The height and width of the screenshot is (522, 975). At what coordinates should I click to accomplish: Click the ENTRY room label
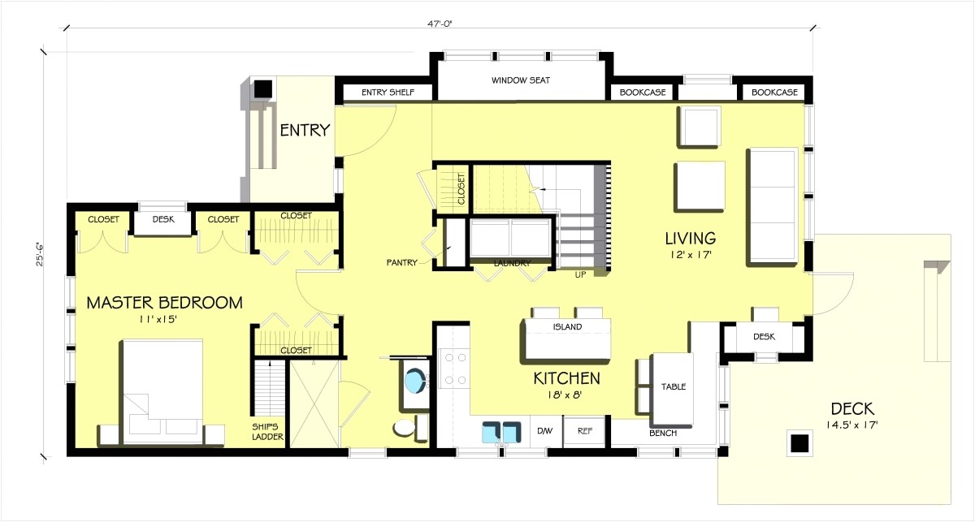pos(305,130)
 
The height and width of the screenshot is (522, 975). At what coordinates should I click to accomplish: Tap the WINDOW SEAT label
pos(521,81)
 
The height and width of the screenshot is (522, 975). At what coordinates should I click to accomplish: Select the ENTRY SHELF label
pos(388,93)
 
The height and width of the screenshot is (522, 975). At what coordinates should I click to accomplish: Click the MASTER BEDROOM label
pos(164,303)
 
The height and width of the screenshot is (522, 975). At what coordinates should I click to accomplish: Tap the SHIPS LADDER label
pos(267,429)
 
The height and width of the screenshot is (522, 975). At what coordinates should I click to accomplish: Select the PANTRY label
pos(401,262)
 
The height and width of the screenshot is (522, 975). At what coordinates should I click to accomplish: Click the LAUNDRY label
pos(512,263)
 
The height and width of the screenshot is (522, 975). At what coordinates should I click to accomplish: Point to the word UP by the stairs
pos(581,275)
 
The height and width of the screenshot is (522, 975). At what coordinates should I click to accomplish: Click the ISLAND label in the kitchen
pos(568,327)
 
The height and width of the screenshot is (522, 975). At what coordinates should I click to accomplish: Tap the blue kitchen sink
pos(502,432)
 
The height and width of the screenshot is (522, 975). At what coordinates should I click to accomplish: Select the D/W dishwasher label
pos(544,432)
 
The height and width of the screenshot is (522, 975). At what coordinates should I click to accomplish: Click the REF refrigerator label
pos(584,432)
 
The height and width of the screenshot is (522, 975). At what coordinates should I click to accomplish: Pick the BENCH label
pos(663,433)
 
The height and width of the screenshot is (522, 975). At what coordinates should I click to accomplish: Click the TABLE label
pos(674,386)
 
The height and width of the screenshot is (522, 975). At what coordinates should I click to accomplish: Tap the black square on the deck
pos(799,443)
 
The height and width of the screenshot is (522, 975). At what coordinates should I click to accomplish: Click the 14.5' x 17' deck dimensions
pos(852,425)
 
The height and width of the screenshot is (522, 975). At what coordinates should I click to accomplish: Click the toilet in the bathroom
pos(403,428)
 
